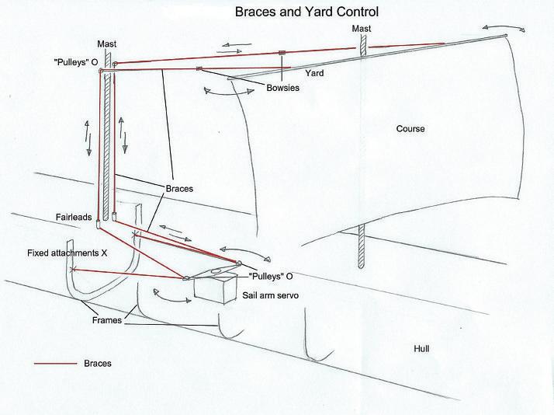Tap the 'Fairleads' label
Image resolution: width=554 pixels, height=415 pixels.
(75, 218)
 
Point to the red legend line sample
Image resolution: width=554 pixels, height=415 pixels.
(55, 363)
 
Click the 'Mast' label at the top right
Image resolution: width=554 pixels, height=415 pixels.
(362, 29)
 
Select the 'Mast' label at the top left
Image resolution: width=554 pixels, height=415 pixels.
(106, 44)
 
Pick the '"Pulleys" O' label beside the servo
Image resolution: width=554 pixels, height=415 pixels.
(271, 277)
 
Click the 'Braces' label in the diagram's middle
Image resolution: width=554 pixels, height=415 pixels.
(179, 188)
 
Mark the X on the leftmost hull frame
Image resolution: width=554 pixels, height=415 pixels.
(72, 270)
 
